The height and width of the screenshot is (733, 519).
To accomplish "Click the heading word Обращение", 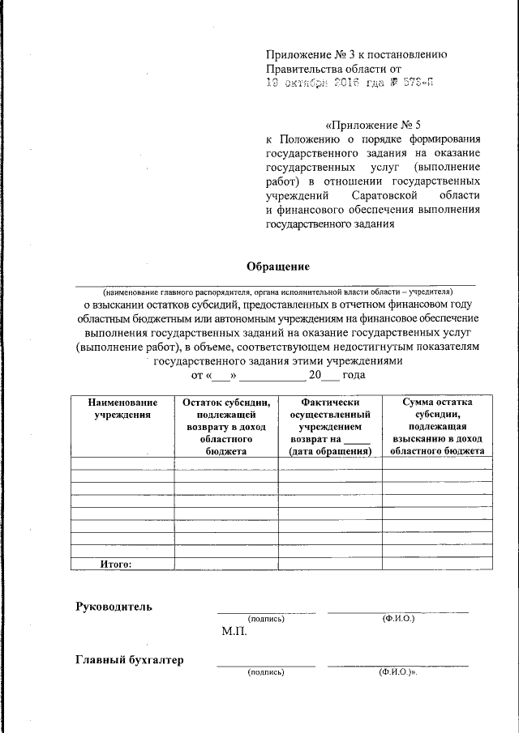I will tap(278, 266).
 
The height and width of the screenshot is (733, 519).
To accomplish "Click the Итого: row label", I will tap(116, 564).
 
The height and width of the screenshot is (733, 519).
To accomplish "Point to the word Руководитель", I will tap(114, 607).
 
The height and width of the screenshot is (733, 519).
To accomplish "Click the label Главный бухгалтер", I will tap(129, 660).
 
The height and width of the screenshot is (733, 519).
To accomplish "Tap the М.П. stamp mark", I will tap(234, 632).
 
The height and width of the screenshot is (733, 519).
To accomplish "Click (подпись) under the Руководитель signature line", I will tap(266, 619).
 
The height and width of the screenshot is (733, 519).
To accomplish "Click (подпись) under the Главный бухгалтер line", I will tap(266, 672).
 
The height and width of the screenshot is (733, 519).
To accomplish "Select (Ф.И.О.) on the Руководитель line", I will tap(398, 619).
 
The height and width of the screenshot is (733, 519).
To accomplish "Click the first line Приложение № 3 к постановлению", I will tap(357, 54).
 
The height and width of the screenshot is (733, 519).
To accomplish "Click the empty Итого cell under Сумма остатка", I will tap(437, 564).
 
